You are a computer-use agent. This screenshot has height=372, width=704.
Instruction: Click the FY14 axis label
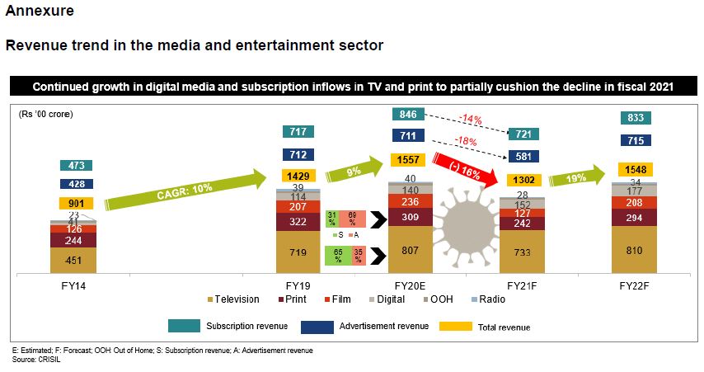click(73, 283)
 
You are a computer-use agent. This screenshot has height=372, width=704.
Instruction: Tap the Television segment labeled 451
click(73, 261)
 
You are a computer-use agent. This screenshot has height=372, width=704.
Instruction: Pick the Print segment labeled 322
click(297, 223)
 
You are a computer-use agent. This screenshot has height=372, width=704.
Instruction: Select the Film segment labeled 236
click(410, 201)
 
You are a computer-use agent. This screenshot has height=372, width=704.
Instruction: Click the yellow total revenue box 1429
click(297, 176)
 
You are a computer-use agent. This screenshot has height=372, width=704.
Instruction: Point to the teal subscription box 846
click(410, 114)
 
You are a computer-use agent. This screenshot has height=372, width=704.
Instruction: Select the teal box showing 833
click(635, 119)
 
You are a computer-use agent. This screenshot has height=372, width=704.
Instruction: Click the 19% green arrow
click(577, 177)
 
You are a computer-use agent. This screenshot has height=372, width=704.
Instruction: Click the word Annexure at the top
click(40, 12)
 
